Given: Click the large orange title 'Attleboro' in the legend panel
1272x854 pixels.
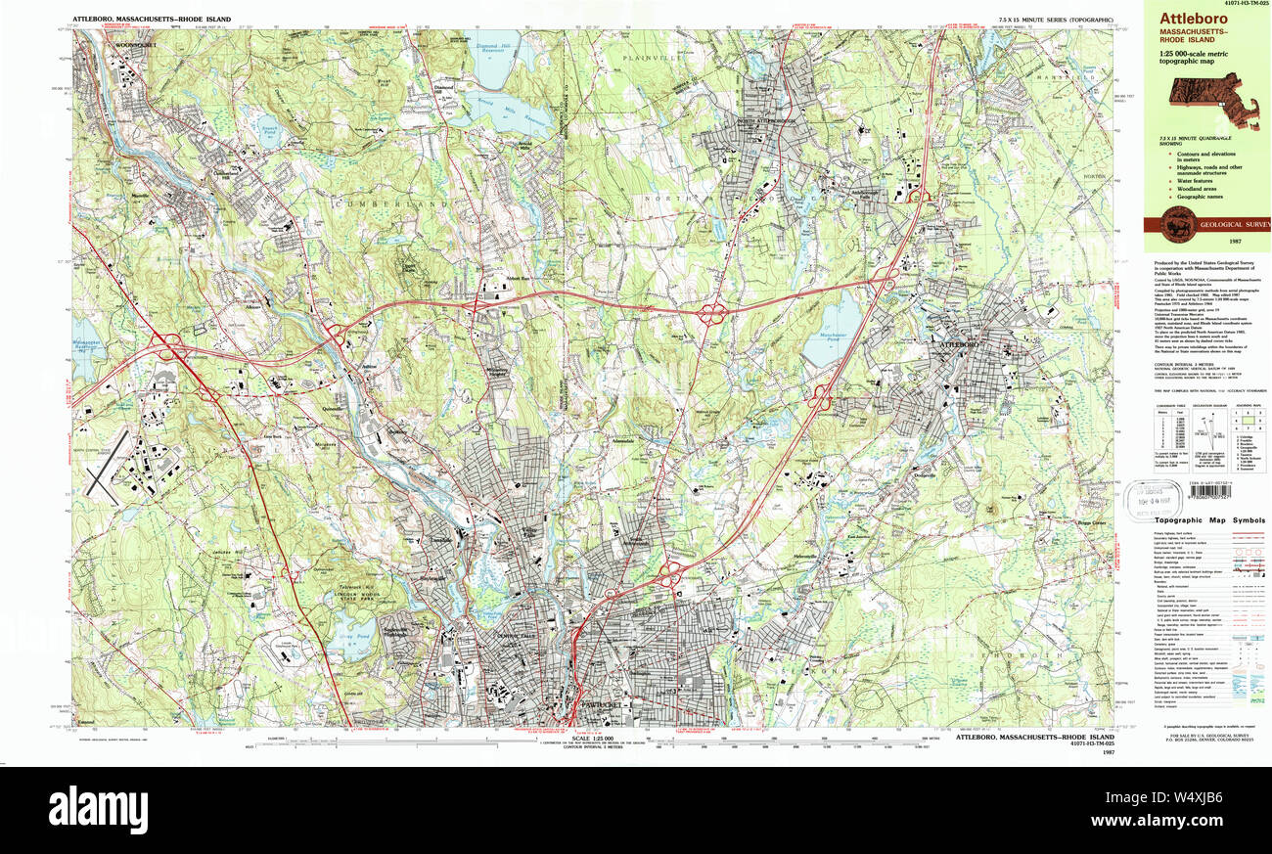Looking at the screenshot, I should point(1192,18).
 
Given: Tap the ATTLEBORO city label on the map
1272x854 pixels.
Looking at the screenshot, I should point(961,345).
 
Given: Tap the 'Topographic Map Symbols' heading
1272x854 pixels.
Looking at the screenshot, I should point(1207,521).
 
